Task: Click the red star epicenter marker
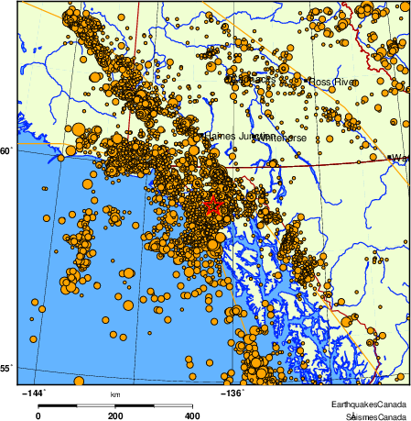coord(213,205)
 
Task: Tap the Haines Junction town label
coord(237,135)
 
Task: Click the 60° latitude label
coord(6,150)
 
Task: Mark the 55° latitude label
coord(6,368)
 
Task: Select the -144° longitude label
coord(33,393)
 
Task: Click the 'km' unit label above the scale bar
coord(115,395)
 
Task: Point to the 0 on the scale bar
coord(38,415)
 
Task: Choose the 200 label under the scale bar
coord(115,415)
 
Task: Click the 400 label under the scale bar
coord(192,415)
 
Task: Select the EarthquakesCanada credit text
coord(370,404)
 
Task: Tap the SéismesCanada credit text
coord(372,415)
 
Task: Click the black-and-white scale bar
coord(115,404)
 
